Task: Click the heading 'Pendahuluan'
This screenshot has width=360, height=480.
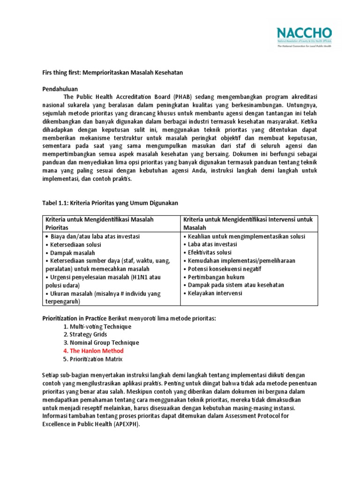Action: [x=60, y=89]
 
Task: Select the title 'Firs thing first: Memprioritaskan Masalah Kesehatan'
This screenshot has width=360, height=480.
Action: [x=112, y=73]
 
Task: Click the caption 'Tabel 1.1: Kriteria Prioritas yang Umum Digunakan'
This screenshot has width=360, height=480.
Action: [x=111, y=202]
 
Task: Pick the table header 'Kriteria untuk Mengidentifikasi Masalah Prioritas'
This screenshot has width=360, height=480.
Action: [x=99, y=223]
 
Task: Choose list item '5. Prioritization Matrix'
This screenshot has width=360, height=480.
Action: [x=92, y=359]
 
